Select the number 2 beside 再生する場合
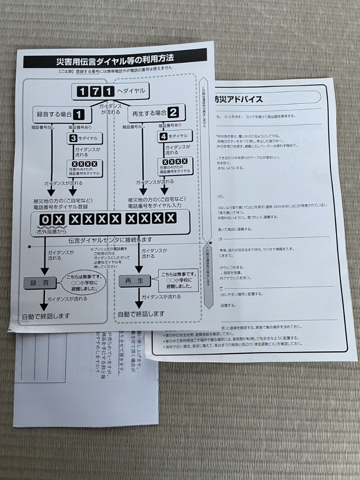[173, 113]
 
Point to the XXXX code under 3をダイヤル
[84, 164]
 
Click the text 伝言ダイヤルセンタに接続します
[110, 240]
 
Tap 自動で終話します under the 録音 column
[46, 316]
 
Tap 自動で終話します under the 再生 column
[141, 314]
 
